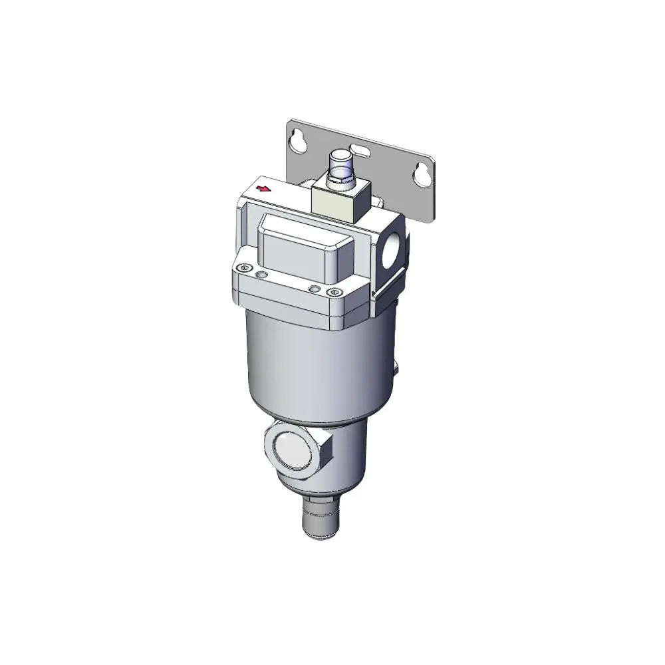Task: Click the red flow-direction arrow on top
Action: coord(264,189)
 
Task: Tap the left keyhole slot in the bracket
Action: coord(296,139)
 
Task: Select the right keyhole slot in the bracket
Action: coord(420,174)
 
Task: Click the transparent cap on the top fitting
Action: coord(340,162)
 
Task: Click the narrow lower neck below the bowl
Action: coord(346,459)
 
